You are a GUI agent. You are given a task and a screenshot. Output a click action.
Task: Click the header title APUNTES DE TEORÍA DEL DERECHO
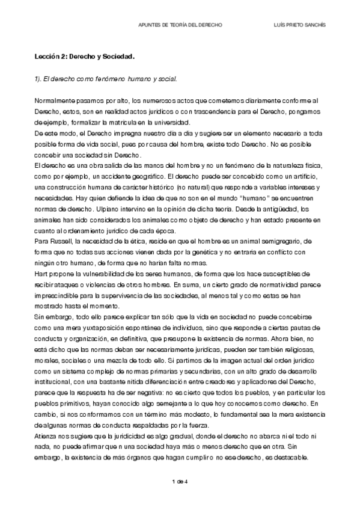pos(180,26)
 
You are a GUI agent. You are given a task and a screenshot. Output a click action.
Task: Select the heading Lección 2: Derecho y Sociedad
pos(84,57)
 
